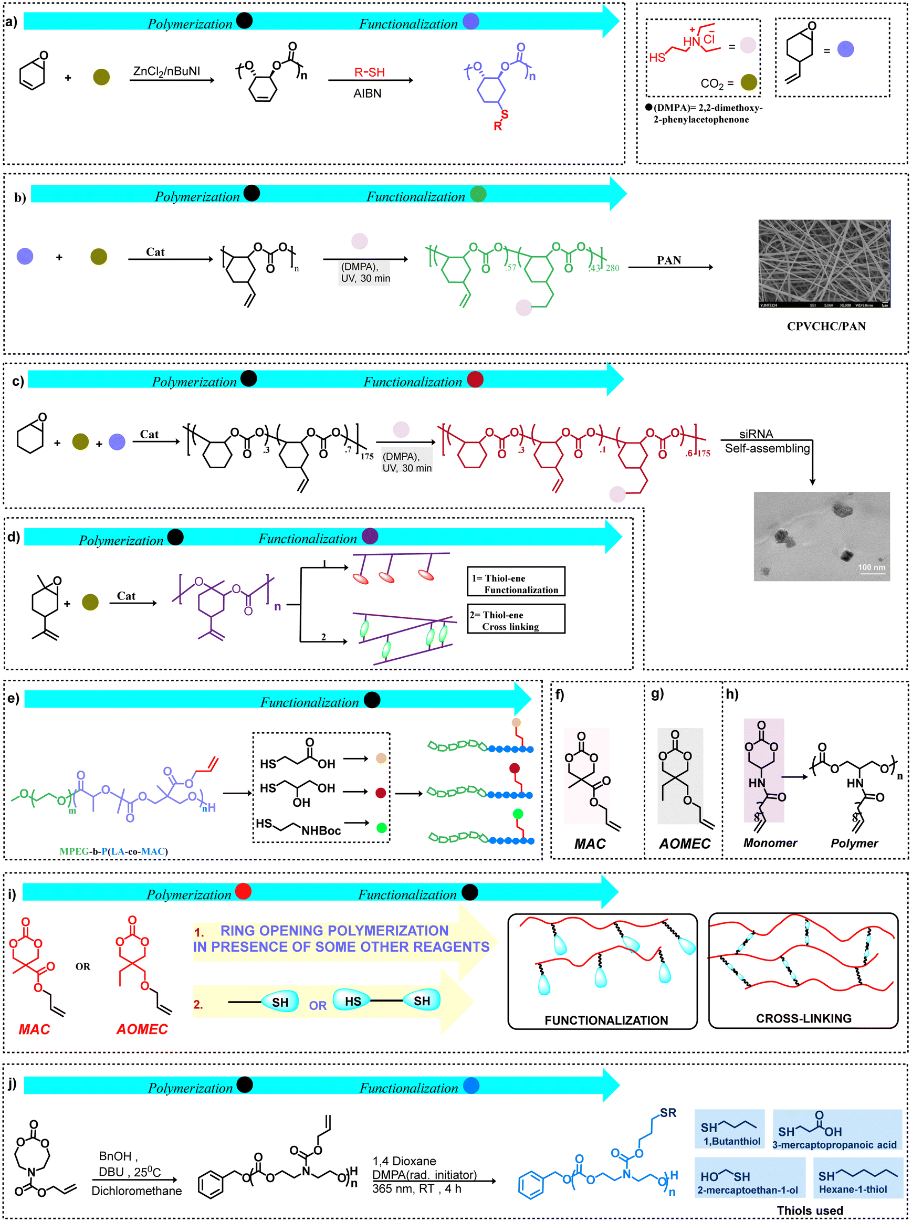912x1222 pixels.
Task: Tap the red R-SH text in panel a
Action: (369, 72)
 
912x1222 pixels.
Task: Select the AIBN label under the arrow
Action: (367, 93)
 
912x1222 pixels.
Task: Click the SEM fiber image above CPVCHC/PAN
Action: (824, 264)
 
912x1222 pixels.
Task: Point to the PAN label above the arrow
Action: (668, 260)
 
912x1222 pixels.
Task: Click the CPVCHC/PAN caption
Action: (826, 326)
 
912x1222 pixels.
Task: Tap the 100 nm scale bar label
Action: (871, 567)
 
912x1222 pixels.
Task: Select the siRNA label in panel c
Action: (756, 434)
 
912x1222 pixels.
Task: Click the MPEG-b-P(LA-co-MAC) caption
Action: (113, 851)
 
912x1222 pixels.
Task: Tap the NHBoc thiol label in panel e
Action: (321, 830)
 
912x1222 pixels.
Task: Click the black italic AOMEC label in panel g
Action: (685, 844)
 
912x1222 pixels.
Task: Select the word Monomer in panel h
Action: (770, 843)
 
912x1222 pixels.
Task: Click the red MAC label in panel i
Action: (34, 1029)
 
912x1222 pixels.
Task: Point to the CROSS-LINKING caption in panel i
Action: (803, 1018)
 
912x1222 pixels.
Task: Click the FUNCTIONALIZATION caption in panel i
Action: (605, 1020)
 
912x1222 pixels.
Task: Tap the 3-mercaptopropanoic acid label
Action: (834, 1144)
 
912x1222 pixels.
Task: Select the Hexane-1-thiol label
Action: (852, 1189)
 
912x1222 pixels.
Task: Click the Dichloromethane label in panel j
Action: (137, 1191)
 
